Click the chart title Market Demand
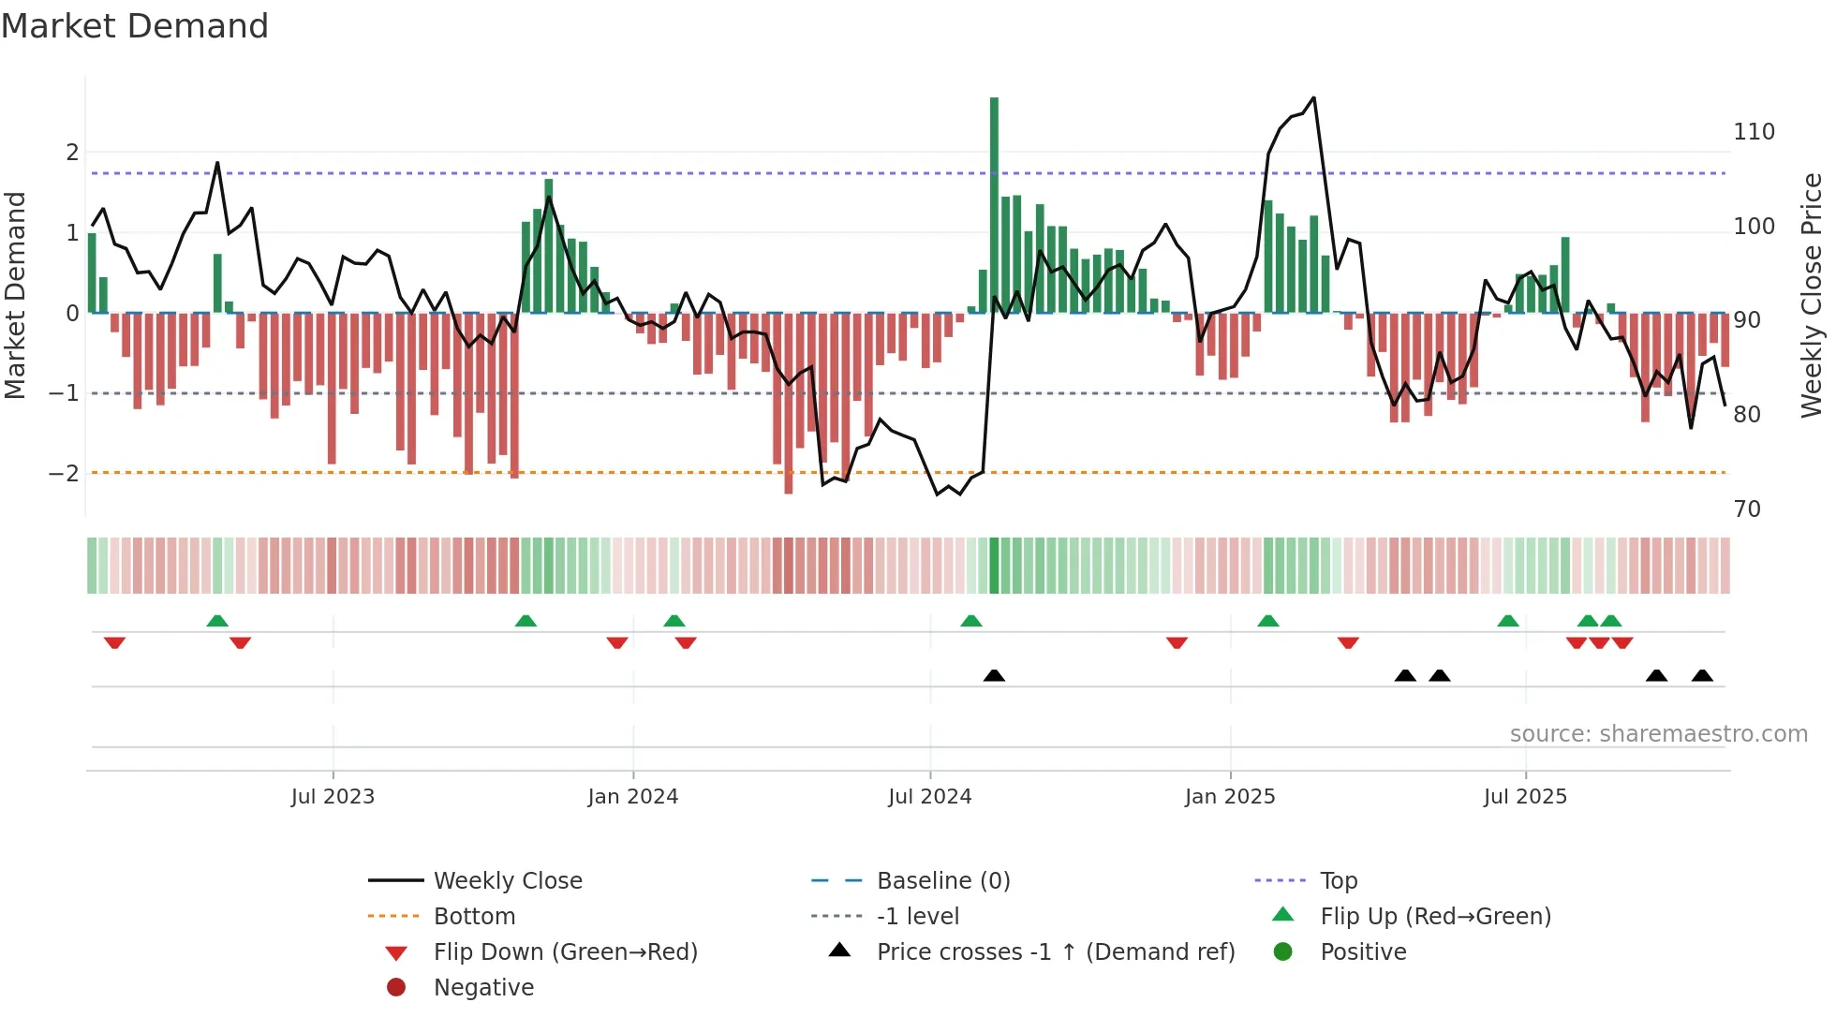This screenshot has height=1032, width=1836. (x=135, y=25)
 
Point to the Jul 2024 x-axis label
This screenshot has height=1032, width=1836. (x=929, y=797)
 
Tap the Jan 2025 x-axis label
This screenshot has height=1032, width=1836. (x=1229, y=797)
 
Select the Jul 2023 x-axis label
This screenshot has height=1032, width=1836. (x=333, y=797)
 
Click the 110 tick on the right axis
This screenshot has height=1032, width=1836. (x=1754, y=132)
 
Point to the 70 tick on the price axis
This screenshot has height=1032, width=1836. (x=1747, y=509)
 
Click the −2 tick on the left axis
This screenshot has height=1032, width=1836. (x=65, y=474)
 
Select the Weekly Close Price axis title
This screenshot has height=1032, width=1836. (x=1812, y=295)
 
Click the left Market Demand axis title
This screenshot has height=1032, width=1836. (x=15, y=295)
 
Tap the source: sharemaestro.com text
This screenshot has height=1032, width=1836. (x=1658, y=734)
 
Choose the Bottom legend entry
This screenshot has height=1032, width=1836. (x=474, y=917)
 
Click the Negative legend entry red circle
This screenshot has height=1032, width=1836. (x=396, y=988)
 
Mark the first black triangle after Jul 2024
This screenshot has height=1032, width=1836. (x=994, y=675)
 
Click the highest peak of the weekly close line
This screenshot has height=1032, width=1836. (x=1313, y=98)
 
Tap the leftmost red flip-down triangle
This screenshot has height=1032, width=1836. (x=114, y=642)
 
